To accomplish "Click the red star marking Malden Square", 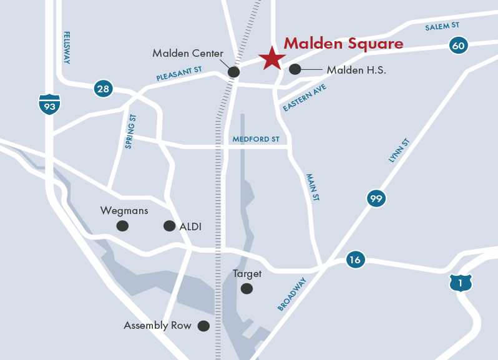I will click(271, 59).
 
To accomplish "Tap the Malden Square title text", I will click(343, 44).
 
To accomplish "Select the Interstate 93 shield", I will click(49, 104).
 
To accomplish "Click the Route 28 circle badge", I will click(103, 89).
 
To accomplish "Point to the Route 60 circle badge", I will click(458, 45).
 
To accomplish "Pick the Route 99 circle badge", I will click(376, 199).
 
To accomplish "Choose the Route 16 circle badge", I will click(355, 260).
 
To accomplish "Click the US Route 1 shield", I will click(461, 283).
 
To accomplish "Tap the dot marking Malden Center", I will click(233, 72).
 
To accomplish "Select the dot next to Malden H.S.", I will click(295, 69).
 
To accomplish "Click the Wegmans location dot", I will click(122, 226).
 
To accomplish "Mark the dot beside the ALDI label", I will click(168, 226).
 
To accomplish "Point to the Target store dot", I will click(247, 288).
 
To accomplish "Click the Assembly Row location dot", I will click(203, 326).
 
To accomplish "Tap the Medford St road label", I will click(256, 139).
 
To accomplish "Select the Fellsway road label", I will click(66, 47).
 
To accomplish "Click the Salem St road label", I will click(442, 26).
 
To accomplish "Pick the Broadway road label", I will click(293, 294).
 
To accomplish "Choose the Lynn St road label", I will click(398, 152).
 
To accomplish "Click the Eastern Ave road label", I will click(305, 98).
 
